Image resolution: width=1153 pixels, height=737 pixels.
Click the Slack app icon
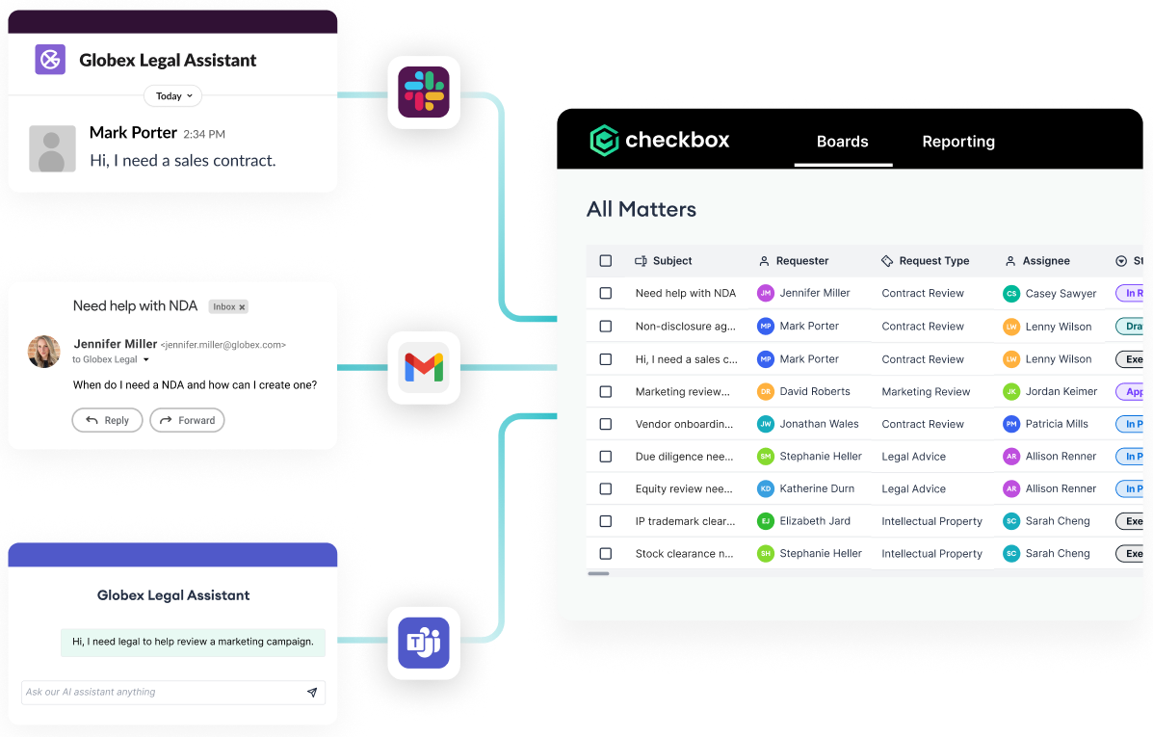pyautogui.click(x=424, y=92)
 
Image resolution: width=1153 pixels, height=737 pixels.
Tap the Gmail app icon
pyautogui.click(x=424, y=367)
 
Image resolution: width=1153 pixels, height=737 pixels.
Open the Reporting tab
pyautogui.click(x=958, y=142)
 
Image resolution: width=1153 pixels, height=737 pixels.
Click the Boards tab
pyautogui.click(x=843, y=142)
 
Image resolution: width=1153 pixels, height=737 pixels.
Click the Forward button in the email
pyautogui.click(x=187, y=420)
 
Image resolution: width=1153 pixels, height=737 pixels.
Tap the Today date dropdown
pyautogui.click(x=173, y=96)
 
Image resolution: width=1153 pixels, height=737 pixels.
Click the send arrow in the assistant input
pyautogui.click(x=312, y=692)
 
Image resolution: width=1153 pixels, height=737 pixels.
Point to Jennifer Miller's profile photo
pyautogui.click(x=44, y=352)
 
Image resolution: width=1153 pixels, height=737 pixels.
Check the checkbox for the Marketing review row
pyautogui.click(x=606, y=392)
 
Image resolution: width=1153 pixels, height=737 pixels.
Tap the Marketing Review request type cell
pyautogui.click(x=926, y=392)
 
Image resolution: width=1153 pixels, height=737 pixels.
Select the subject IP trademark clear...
pyautogui.click(x=684, y=521)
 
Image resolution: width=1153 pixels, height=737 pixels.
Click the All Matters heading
pyautogui.click(x=642, y=209)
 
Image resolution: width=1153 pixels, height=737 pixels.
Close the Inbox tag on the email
pyautogui.click(x=243, y=307)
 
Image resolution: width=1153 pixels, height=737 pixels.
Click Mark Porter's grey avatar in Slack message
pyautogui.click(x=52, y=149)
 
